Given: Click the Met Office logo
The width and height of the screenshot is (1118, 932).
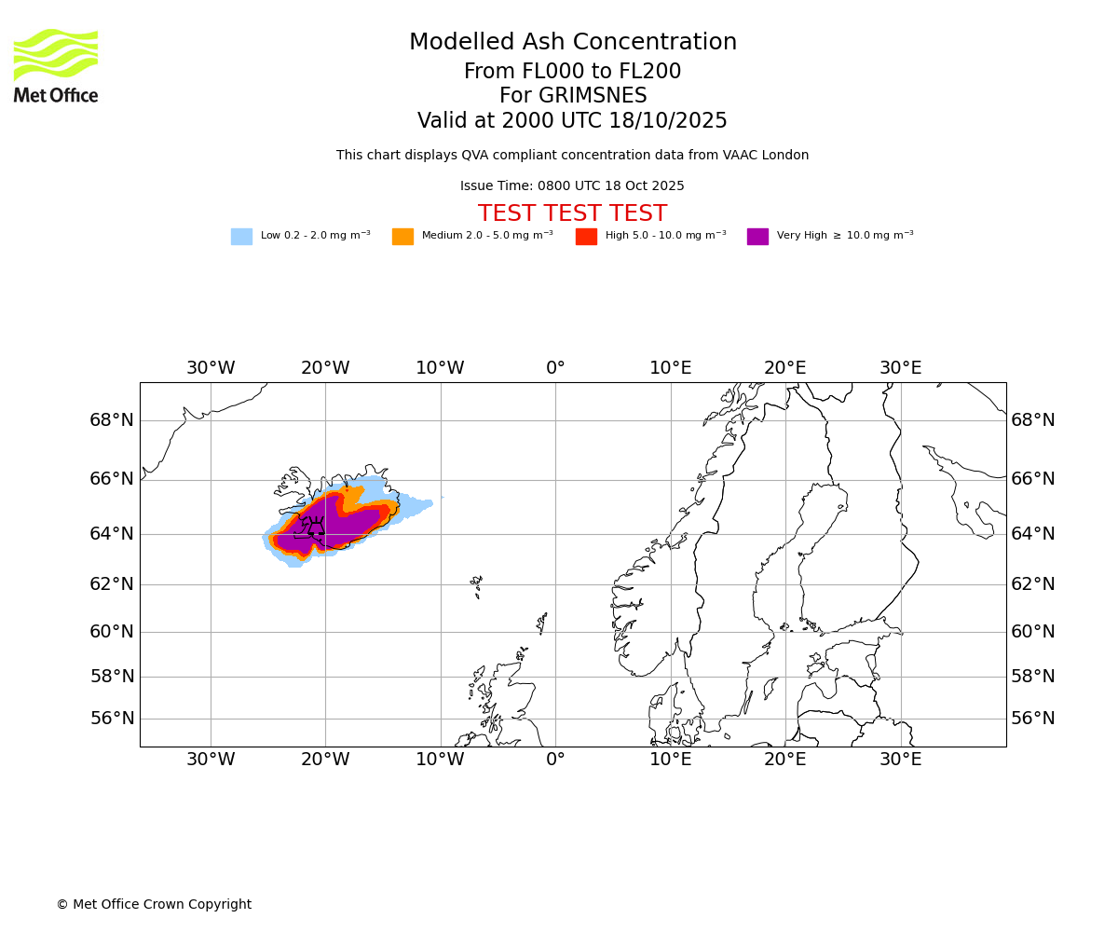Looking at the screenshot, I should click(x=56, y=65).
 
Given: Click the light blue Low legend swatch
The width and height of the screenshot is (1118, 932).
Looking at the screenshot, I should click(x=241, y=237).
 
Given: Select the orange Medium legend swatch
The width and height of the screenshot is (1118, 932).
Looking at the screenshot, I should click(x=402, y=237).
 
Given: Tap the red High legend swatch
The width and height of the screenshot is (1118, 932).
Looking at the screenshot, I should click(x=586, y=237).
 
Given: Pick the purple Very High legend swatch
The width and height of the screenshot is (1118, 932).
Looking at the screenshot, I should click(x=757, y=237).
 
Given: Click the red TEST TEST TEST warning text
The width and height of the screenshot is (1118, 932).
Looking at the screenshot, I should click(x=572, y=213).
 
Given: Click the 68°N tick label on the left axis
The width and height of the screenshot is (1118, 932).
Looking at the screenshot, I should click(x=112, y=420).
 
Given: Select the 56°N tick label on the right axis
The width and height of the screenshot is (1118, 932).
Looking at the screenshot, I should click(x=1033, y=719).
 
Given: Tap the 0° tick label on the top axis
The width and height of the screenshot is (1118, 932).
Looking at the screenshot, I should click(x=555, y=368).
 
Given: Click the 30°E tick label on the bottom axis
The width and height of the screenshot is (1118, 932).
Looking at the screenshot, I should click(x=900, y=760).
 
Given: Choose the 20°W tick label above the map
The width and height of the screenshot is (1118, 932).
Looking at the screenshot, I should click(x=325, y=368).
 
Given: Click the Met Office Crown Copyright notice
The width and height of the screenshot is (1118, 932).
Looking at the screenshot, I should click(x=154, y=904).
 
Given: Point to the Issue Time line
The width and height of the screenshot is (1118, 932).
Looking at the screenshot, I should click(x=572, y=185).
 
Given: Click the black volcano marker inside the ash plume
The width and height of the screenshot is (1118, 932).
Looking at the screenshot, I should click(x=316, y=528).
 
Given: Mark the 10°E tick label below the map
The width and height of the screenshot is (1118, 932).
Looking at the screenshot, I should click(x=670, y=760).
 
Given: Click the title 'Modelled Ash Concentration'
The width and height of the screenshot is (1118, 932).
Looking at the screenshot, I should click(x=572, y=42).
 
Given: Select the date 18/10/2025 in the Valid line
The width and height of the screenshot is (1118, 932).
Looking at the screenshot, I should click(x=668, y=121).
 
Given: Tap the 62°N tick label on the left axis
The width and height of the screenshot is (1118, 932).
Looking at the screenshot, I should click(x=112, y=584).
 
